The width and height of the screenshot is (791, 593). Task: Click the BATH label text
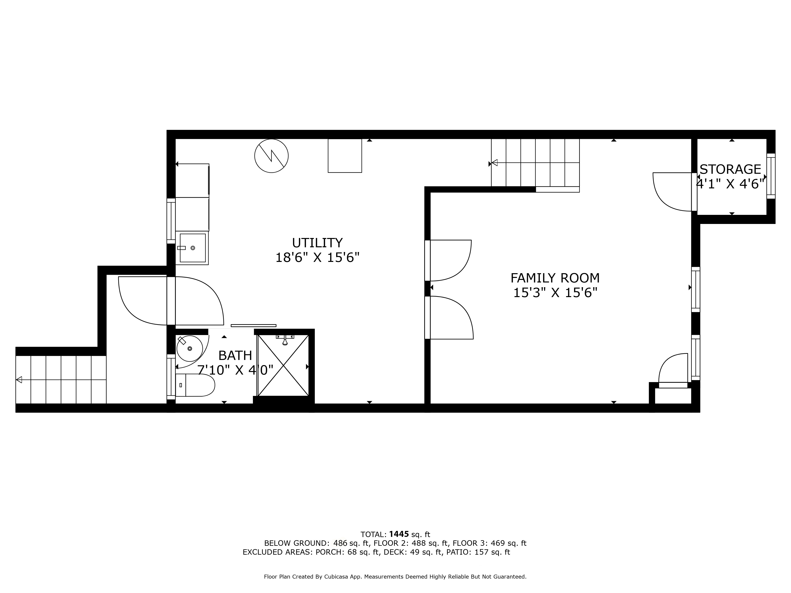tap(235, 356)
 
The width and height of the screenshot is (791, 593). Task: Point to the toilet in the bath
tap(195, 385)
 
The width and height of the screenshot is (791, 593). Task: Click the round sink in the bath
tap(189, 348)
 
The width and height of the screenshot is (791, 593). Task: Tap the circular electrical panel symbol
tap(272, 156)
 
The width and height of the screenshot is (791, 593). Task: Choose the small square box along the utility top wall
tap(345, 156)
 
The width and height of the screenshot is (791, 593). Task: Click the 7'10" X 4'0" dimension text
tap(235, 370)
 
